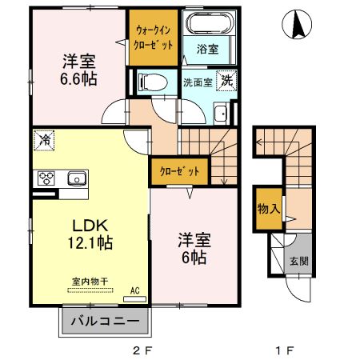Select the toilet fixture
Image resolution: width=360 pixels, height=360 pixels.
(150, 81)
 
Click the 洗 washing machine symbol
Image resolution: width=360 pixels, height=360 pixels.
(227, 81)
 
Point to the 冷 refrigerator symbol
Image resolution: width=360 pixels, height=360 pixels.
(44, 141)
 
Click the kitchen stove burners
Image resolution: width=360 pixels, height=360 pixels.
(44, 178)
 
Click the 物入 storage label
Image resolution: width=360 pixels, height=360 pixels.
(268, 209)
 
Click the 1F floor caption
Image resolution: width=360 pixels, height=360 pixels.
(285, 350)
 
